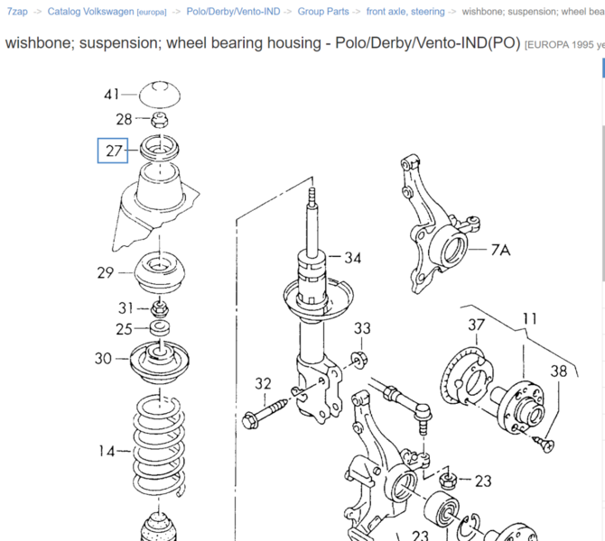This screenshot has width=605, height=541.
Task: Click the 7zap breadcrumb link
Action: [16, 12]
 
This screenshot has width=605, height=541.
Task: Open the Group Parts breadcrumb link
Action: [323, 12]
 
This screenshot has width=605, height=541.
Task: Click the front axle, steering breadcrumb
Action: [405, 12]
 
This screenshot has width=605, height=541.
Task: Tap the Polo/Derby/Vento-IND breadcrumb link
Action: [233, 12]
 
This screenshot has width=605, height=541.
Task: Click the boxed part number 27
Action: [114, 151]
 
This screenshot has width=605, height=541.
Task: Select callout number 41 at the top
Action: [112, 95]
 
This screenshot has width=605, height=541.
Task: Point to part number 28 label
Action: [124, 119]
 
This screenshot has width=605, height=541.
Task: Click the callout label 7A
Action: [500, 250]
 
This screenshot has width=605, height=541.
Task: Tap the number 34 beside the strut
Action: [352, 259]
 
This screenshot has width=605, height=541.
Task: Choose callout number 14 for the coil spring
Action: [107, 450]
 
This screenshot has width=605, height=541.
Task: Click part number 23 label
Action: [483, 481]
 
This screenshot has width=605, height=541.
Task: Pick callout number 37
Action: [476, 325]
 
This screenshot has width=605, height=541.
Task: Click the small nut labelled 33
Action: [358, 362]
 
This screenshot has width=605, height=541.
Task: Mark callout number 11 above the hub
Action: [529, 317]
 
